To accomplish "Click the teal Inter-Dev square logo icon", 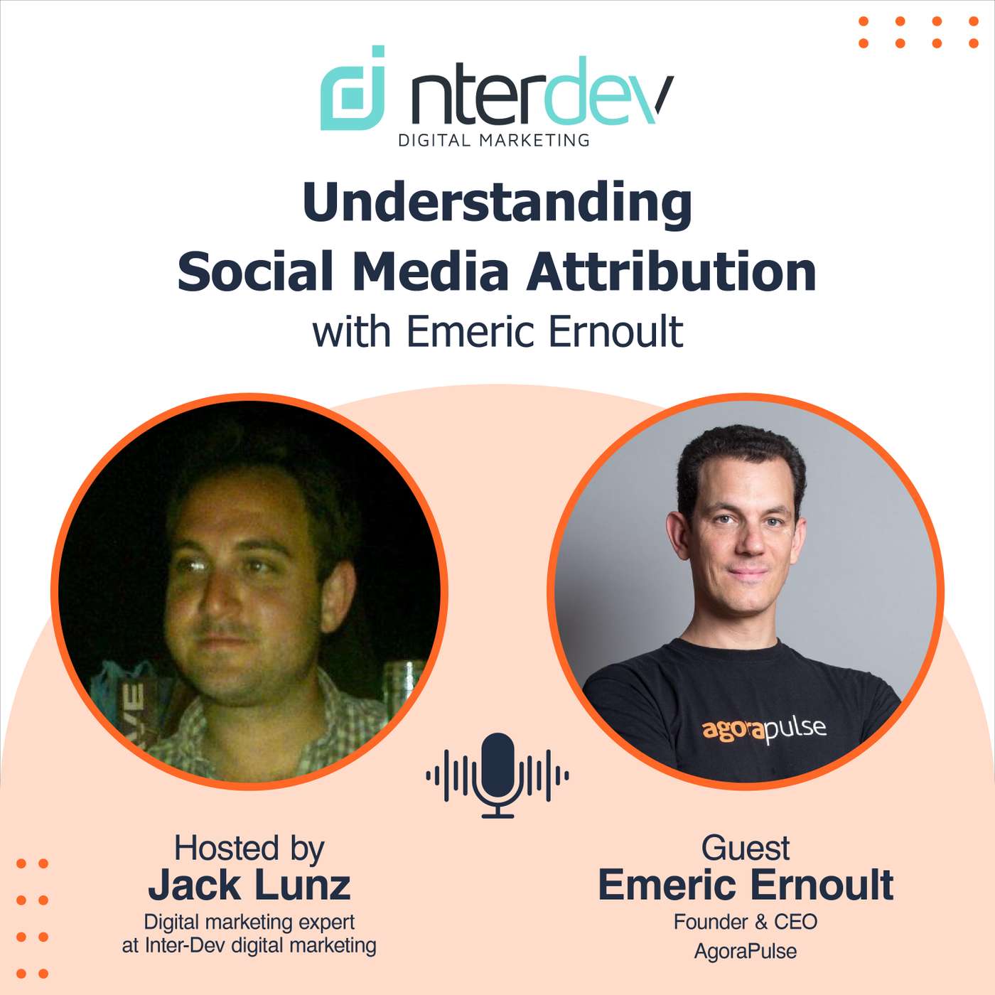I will click(x=353, y=89).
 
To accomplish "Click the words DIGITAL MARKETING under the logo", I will click(x=494, y=140).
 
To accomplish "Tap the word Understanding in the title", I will click(x=497, y=203).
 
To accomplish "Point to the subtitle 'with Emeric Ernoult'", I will click(x=497, y=332).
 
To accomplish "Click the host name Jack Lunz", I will click(x=249, y=885).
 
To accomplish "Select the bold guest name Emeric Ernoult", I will click(x=746, y=885).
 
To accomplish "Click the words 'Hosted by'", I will click(x=249, y=848).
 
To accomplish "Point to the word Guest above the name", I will click(x=746, y=848).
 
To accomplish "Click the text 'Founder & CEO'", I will click(x=746, y=922).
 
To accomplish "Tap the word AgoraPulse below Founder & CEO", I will click(x=746, y=951).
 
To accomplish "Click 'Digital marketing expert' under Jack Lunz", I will click(x=249, y=922).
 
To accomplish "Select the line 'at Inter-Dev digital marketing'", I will click(x=249, y=945).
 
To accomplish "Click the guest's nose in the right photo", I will click(x=750, y=544).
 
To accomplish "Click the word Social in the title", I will click(x=255, y=271).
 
